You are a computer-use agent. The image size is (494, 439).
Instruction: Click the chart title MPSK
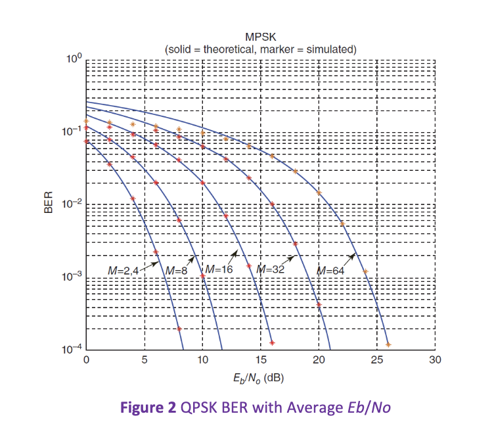click(x=260, y=38)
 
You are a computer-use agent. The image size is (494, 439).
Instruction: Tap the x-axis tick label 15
click(x=261, y=360)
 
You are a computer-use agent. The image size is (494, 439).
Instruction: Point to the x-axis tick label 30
click(x=435, y=360)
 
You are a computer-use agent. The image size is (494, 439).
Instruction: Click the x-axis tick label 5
click(x=145, y=360)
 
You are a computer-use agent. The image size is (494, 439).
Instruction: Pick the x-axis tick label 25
click(x=377, y=360)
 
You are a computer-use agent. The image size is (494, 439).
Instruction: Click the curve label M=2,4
click(x=125, y=270)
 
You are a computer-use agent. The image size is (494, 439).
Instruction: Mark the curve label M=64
click(x=330, y=270)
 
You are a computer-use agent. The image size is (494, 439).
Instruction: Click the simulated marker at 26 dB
click(x=388, y=344)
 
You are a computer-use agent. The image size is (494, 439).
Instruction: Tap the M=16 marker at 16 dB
click(x=272, y=342)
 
